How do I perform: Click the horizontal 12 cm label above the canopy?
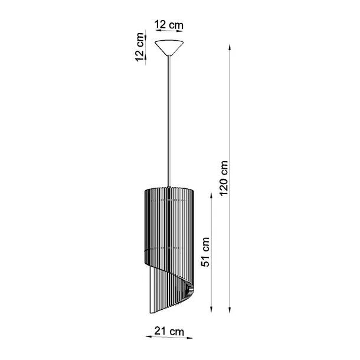click(x=169, y=25)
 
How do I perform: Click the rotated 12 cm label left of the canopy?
click(x=139, y=47)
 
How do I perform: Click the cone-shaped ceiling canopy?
click(x=169, y=47)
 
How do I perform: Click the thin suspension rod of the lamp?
click(x=169, y=118)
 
